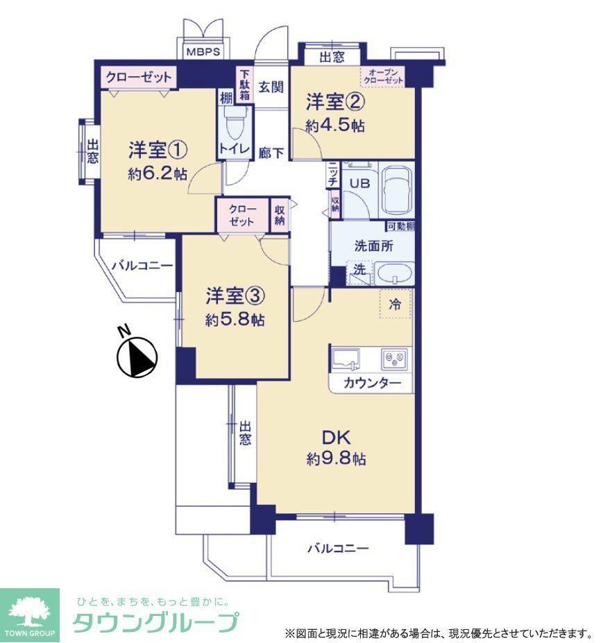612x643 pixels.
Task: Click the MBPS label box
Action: (203, 51)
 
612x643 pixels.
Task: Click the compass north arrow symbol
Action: (137, 357)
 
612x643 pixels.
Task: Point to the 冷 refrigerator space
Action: (396, 304)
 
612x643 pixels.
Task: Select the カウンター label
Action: (372, 383)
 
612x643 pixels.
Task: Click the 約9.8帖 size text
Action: (337, 459)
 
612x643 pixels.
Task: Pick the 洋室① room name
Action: (158, 150)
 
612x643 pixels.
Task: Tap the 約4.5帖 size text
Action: (334, 125)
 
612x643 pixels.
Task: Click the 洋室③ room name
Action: (235, 296)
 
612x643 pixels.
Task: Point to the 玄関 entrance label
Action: (271, 87)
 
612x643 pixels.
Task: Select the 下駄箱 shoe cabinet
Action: (245, 85)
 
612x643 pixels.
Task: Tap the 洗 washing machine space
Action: (359, 272)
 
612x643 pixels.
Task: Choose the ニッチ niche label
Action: (333, 175)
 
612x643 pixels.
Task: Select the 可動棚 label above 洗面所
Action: (400, 226)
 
